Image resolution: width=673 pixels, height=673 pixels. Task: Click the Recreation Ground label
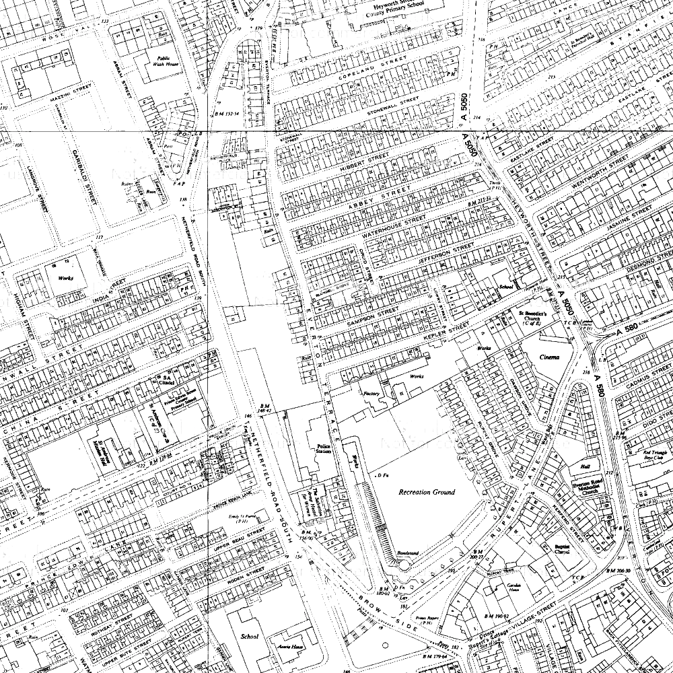pos(426,492)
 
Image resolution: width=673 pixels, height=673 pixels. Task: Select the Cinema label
pos(549,356)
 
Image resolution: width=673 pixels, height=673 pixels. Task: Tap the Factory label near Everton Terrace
pos(371,393)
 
